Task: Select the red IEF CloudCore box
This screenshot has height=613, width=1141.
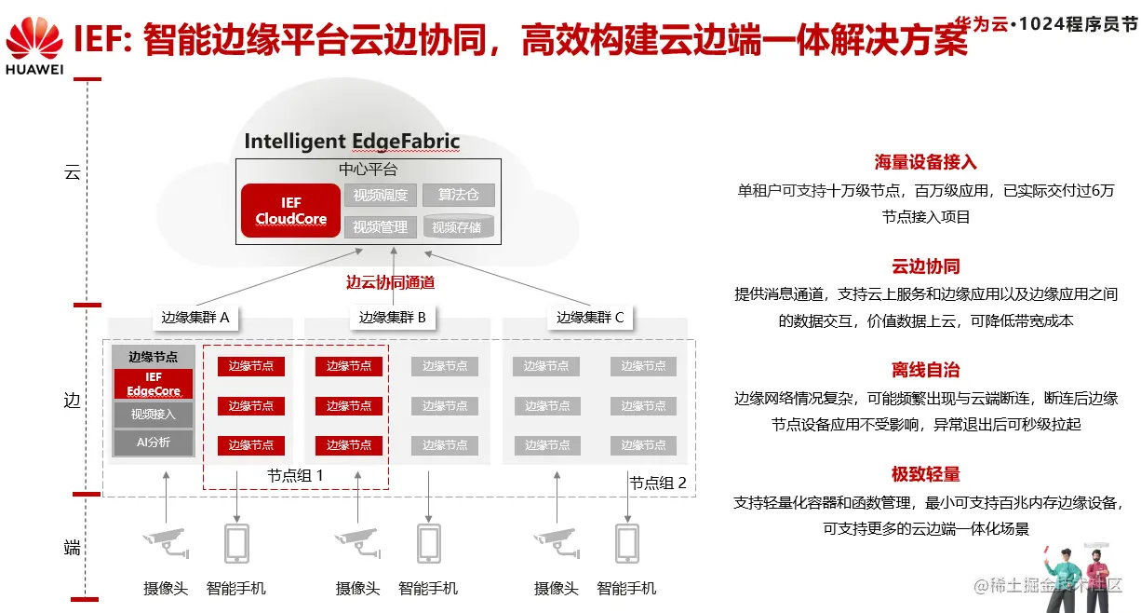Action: [290, 211]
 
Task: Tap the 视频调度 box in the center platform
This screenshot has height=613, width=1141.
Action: [380, 196]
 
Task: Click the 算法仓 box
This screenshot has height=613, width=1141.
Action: [458, 195]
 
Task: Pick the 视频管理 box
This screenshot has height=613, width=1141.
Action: [380, 226]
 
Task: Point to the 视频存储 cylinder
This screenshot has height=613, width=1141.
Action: [457, 226]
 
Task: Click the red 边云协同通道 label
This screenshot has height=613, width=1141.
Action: [390, 282]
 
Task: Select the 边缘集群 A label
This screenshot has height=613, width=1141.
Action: [195, 318]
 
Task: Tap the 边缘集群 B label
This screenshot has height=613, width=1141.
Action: [392, 318]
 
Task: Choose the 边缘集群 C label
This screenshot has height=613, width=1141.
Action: [590, 318]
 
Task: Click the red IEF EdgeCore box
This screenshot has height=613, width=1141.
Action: [154, 384]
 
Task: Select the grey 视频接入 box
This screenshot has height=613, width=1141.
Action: [154, 415]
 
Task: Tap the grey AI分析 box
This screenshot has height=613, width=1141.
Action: [154, 443]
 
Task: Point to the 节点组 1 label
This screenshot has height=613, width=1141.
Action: [295, 475]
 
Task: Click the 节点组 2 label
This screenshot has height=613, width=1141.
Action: [658, 483]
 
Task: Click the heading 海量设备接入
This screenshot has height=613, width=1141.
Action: [925, 162]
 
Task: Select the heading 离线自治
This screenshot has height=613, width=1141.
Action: [925, 370]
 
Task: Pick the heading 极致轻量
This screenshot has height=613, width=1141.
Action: [925, 474]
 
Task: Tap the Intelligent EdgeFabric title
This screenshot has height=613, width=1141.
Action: [352, 142]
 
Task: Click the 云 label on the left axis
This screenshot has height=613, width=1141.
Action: [72, 172]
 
